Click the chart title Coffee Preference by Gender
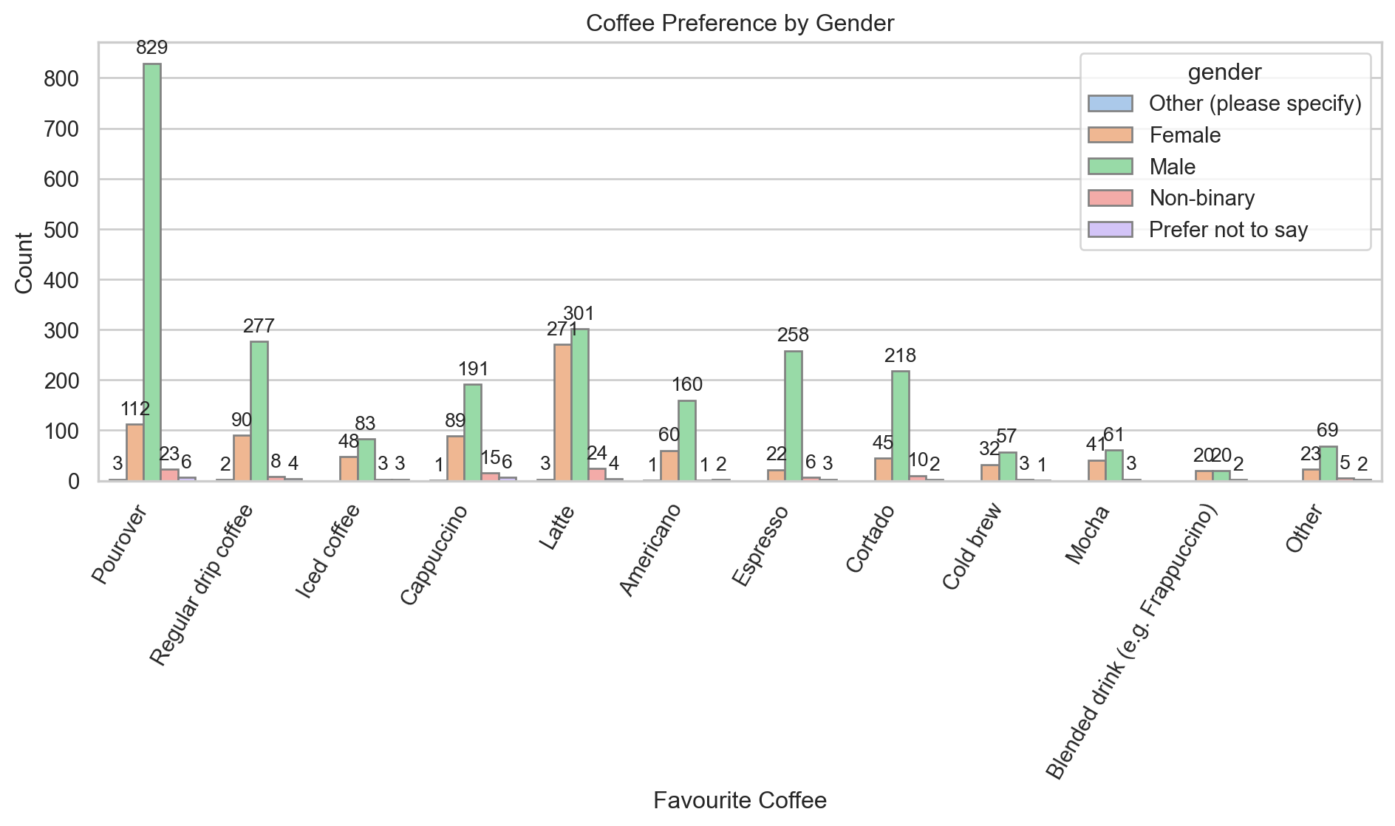(x=740, y=24)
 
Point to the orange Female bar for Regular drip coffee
(x=242, y=458)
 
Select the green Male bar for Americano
(x=686, y=440)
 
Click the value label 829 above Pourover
(x=152, y=48)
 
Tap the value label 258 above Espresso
(x=794, y=335)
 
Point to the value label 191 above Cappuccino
(x=473, y=369)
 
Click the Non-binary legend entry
(x=1201, y=198)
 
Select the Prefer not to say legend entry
(x=1228, y=230)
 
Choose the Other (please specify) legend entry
(x=1255, y=103)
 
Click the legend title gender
(x=1224, y=72)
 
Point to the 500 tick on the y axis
(x=63, y=230)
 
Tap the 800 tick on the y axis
(x=63, y=79)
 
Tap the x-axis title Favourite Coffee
(x=740, y=800)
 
